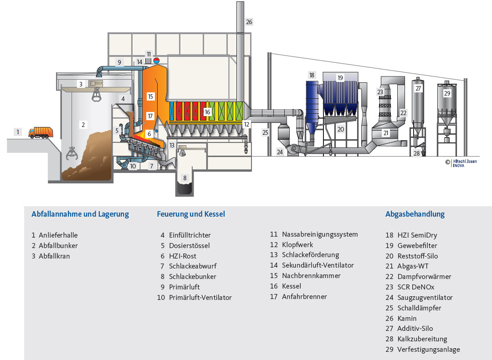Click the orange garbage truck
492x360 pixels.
[41, 132]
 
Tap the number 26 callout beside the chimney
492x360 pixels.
[249, 22]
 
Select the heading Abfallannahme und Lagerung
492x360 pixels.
[80, 214]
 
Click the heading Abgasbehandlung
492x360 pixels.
[415, 214]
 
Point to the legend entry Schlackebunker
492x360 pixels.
[192, 277]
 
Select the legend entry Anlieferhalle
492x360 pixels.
[58, 235]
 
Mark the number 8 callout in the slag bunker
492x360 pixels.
[185, 178]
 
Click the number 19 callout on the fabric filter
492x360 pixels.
[340, 78]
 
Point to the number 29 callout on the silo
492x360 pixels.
[447, 93]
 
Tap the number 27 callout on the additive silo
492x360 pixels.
[419, 89]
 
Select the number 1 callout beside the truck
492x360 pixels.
[18, 132]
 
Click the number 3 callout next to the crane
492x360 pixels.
[81, 84]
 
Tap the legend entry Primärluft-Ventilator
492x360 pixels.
[200, 298]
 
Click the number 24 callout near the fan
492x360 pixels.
[280, 152]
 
